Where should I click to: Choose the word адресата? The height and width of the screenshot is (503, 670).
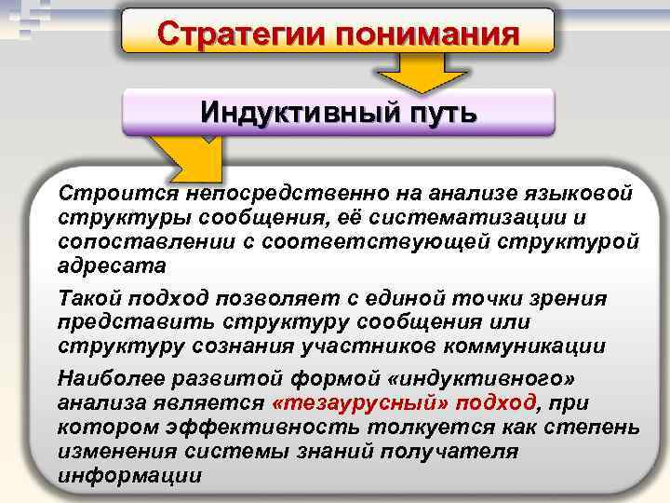click(112, 265)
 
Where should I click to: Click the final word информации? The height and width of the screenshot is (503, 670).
click(130, 474)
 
